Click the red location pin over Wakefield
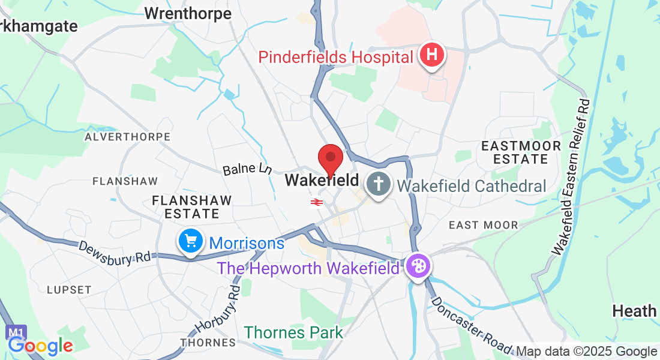point(330,159)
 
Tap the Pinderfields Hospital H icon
point(433,56)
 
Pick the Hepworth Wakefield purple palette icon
point(418,266)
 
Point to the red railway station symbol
point(317,202)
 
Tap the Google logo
point(40,346)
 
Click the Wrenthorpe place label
point(188,13)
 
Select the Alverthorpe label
point(128,137)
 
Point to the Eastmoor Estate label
point(521,152)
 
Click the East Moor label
point(484,225)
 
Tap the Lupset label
point(69,289)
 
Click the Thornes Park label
point(293,332)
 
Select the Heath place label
point(634,311)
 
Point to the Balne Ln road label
point(247,170)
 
